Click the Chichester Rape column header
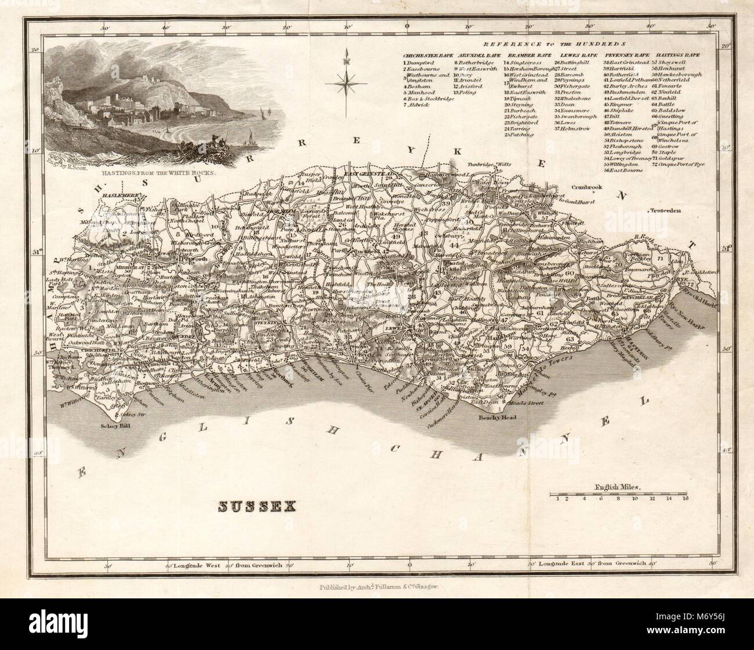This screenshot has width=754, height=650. [x=428, y=55]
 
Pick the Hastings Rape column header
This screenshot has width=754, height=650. [x=676, y=55]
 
